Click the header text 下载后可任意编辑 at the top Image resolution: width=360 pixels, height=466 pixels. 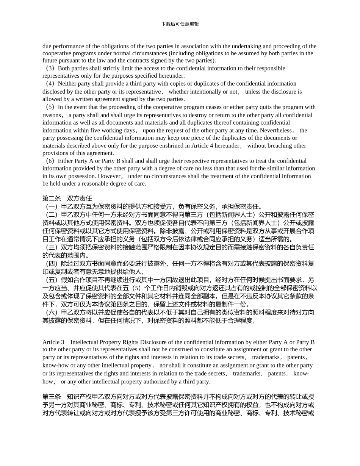tap(180, 24)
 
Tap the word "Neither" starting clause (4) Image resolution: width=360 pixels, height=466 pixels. tap(67, 83)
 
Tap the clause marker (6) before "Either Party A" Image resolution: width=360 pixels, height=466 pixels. tap(50, 161)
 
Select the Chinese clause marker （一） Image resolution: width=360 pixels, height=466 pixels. tap(51, 206)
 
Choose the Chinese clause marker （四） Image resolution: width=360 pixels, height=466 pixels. tap(51, 263)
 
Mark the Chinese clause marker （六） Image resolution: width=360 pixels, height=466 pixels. tap(51, 312)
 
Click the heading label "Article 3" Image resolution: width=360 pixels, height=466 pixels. tap(53, 342)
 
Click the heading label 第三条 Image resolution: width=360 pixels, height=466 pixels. tap(52, 397)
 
